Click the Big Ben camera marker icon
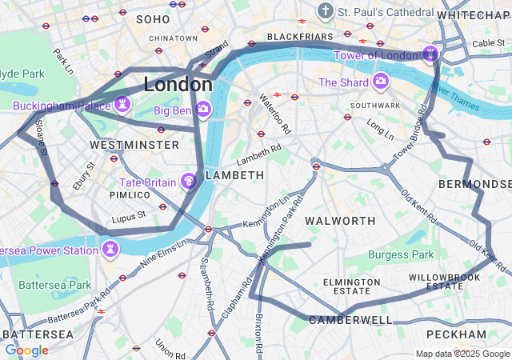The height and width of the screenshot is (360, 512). pyautogui.click(x=203, y=108)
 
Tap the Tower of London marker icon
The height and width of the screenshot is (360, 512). pyautogui.click(x=430, y=54)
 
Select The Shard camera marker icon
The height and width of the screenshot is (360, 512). pyautogui.click(x=380, y=82)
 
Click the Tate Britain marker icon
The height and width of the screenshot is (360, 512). pyautogui.click(x=190, y=182)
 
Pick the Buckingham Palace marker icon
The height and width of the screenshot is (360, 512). pyautogui.click(x=122, y=105)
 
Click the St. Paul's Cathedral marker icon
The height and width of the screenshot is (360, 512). pyautogui.click(x=325, y=12)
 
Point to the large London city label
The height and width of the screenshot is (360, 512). pyautogui.click(x=178, y=84)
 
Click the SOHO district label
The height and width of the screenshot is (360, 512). pyautogui.click(x=153, y=18)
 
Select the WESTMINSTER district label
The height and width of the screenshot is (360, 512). pyautogui.click(x=134, y=145)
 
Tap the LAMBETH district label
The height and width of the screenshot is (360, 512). pyautogui.click(x=234, y=175)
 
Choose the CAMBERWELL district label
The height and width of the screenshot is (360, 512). pyautogui.click(x=350, y=320)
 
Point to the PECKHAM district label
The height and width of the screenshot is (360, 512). pyautogui.click(x=456, y=334)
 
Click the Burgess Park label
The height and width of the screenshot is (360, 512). pyautogui.click(x=400, y=255)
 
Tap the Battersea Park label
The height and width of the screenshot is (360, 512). pyautogui.click(x=55, y=285)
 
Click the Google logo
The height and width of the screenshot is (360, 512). pyautogui.click(x=26, y=350)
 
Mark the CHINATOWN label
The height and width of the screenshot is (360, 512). pyautogui.click(x=173, y=38)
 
